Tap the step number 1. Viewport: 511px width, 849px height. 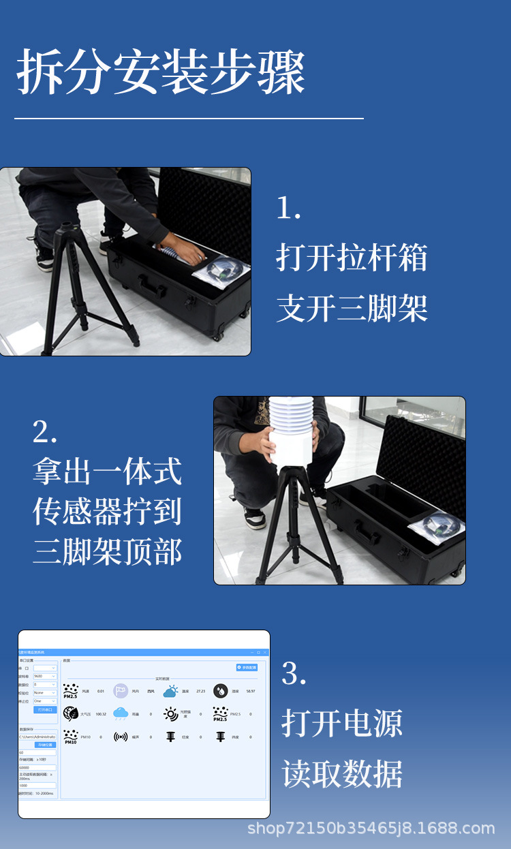pos(288,208)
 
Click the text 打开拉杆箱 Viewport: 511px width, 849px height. pos(352,258)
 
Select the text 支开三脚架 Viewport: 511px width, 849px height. pos(352,308)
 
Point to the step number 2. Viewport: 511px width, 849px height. pos(45,432)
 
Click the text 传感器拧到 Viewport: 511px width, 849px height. pos(107,512)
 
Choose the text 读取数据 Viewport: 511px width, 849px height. pos(342,774)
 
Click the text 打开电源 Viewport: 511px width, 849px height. pos(342,724)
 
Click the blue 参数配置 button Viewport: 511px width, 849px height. pos(247,667)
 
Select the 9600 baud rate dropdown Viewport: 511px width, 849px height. pos(45,677)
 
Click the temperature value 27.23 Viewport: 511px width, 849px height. pos(200,691)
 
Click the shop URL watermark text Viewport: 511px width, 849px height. pos(371,829)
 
